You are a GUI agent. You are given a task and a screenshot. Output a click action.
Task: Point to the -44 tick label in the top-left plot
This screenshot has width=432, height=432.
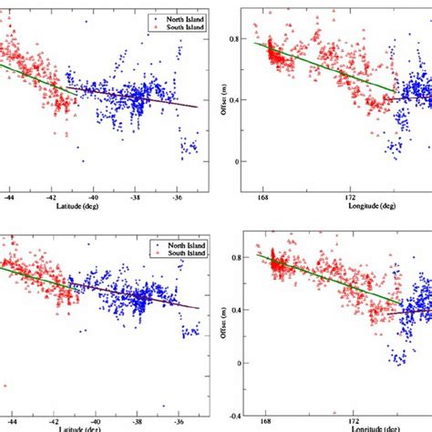[x=10, y=196]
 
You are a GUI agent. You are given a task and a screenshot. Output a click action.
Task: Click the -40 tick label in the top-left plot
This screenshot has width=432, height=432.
[x=94, y=196]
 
